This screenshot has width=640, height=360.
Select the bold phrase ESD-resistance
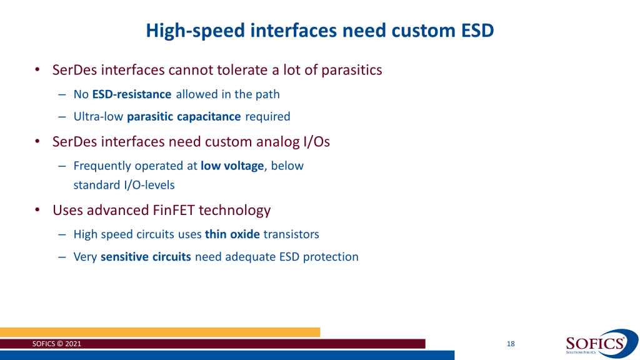tap(132, 94)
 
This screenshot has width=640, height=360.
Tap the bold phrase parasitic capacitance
tap(184, 117)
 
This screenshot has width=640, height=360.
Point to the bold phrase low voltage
tap(232, 166)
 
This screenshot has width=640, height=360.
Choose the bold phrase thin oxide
tap(232, 234)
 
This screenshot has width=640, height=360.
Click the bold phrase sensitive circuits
tap(146, 257)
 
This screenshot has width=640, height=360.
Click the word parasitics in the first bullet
tap(352, 70)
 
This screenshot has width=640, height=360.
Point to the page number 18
tap(511, 344)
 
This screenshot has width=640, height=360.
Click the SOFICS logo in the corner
tap(601, 343)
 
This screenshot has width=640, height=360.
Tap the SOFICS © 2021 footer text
tap(57, 344)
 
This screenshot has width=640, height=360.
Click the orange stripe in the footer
tap(160, 332)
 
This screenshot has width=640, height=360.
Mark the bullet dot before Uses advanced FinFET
tap(37, 210)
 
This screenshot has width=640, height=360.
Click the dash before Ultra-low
tap(62, 117)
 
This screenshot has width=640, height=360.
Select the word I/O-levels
tap(149, 185)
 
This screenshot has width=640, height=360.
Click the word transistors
tap(291, 234)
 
